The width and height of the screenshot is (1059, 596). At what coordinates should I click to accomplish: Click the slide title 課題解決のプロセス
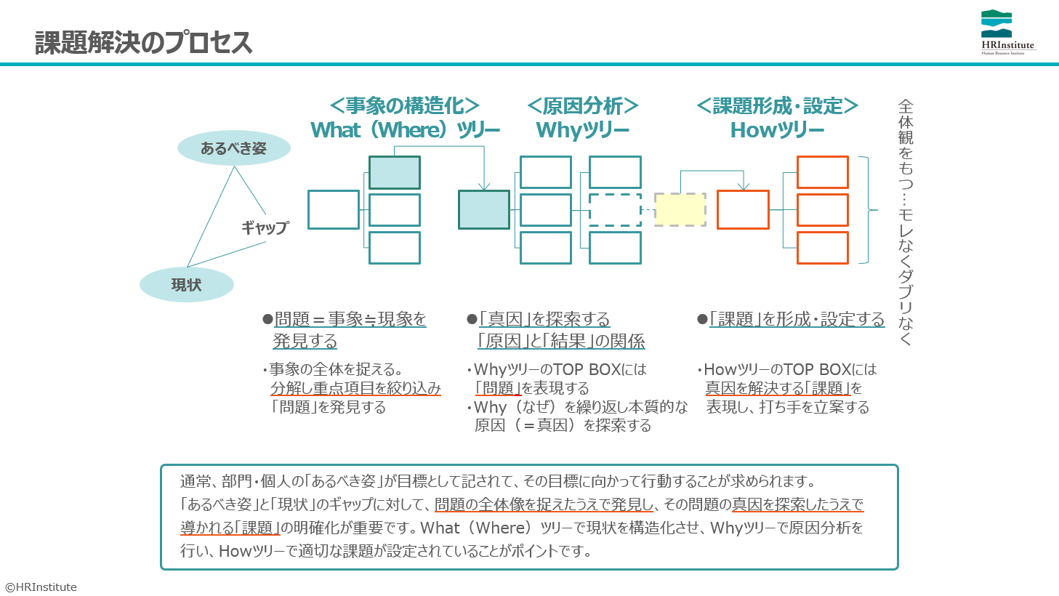point(144,43)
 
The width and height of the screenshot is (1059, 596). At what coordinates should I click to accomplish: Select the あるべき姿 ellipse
point(233,148)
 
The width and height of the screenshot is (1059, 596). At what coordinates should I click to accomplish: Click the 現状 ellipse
point(187,284)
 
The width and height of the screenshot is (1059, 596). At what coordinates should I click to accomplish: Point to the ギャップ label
point(265,227)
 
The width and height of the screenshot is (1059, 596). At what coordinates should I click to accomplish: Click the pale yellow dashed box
point(680,209)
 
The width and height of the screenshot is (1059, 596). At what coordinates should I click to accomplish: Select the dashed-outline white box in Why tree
point(615,209)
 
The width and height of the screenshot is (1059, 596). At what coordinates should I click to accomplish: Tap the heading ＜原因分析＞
point(582,106)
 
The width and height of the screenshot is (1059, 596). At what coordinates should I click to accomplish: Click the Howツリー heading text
point(777,130)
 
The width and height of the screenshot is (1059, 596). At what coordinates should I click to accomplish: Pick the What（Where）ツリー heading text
point(405,130)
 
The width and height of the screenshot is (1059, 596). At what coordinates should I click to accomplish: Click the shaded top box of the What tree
point(394,172)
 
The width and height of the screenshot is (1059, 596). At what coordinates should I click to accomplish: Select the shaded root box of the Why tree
point(484,209)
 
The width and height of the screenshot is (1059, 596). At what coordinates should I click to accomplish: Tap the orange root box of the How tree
point(744,209)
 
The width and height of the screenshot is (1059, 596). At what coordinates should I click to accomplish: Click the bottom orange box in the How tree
point(823,248)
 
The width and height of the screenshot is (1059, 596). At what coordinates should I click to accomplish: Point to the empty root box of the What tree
point(334,209)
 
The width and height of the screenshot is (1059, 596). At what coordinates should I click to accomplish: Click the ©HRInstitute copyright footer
point(41,587)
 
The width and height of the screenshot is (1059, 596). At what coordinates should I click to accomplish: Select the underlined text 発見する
point(305,341)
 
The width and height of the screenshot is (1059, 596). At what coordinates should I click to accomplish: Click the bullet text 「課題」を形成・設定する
point(797,320)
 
